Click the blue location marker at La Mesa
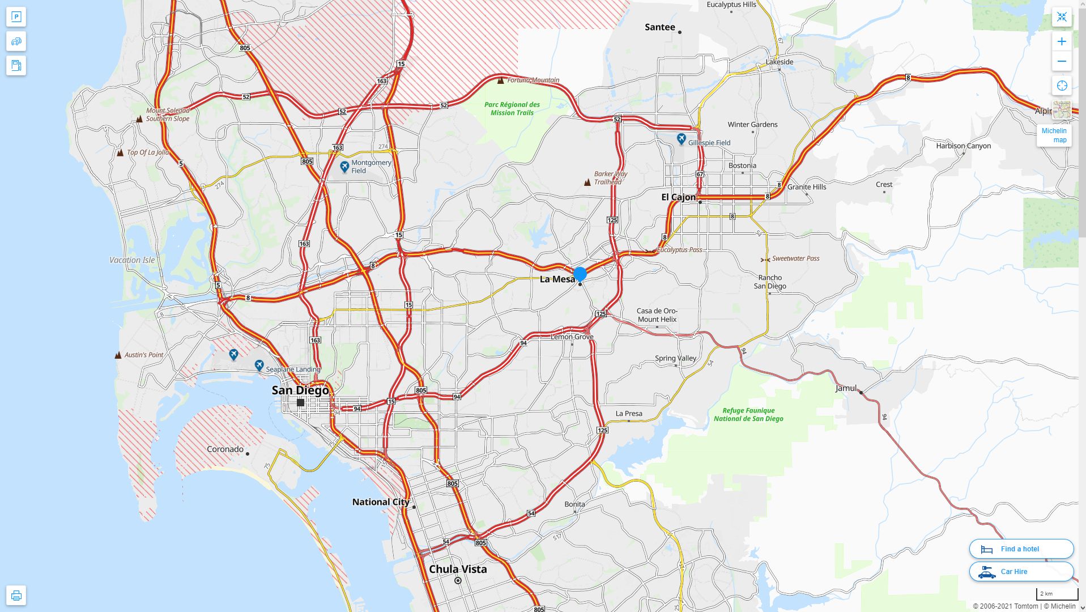click(x=580, y=274)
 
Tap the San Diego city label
click(x=300, y=390)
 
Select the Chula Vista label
click(x=458, y=569)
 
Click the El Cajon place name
click(x=679, y=197)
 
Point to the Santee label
click(x=660, y=27)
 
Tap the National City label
click(x=381, y=502)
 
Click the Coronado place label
click(x=225, y=449)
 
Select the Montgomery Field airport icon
click(x=344, y=167)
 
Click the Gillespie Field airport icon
click(x=681, y=139)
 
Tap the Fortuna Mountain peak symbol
click(x=500, y=80)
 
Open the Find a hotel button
click(x=1021, y=549)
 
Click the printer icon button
click(x=16, y=595)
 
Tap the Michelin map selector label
click(x=1054, y=135)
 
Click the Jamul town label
click(x=846, y=388)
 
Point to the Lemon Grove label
click(x=572, y=337)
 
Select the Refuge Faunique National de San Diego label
click(x=748, y=415)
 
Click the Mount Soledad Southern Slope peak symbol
click(x=139, y=119)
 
